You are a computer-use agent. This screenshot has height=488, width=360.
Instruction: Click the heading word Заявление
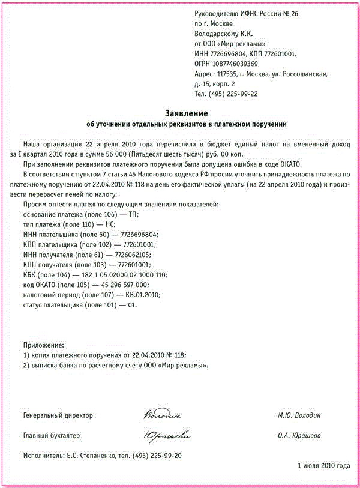(187, 113)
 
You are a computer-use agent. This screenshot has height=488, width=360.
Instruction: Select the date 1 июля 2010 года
(323, 466)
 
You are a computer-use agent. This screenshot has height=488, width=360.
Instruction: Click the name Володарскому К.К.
(226, 33)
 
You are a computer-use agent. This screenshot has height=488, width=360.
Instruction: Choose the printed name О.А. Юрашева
(299, 436)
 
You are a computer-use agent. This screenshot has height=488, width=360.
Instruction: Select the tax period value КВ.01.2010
(143, 295)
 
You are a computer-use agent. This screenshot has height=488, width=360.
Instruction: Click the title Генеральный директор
(58, 415)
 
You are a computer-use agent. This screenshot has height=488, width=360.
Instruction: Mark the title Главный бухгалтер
(51, 436)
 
